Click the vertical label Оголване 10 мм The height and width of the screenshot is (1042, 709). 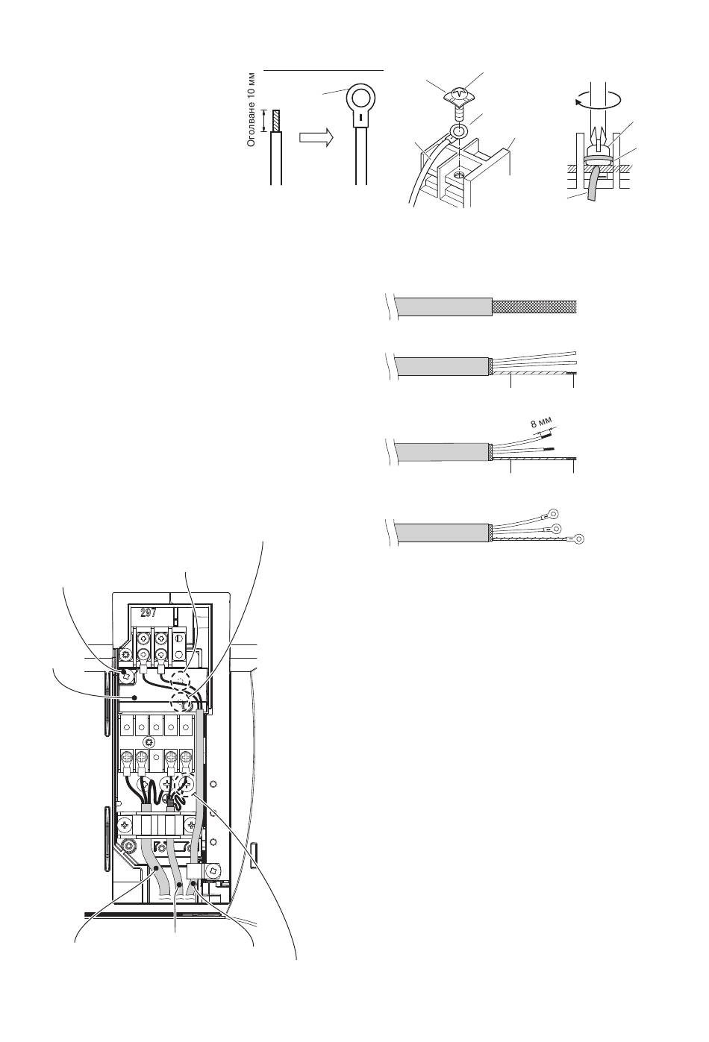coord(252,110)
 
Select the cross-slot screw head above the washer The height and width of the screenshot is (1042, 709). coord(458,95)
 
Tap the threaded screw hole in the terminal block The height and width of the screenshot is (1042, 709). coord(459,176)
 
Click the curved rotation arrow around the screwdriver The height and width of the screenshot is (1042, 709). coord(599,98)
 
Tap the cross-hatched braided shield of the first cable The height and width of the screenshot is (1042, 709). coord(535,307)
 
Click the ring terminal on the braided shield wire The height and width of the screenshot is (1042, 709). coord(578,539)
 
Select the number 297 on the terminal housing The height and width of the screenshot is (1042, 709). coord(148,612)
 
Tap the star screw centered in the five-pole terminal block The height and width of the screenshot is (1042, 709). coord(149,742)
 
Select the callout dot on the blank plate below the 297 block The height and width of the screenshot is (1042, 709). coord(134,697)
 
